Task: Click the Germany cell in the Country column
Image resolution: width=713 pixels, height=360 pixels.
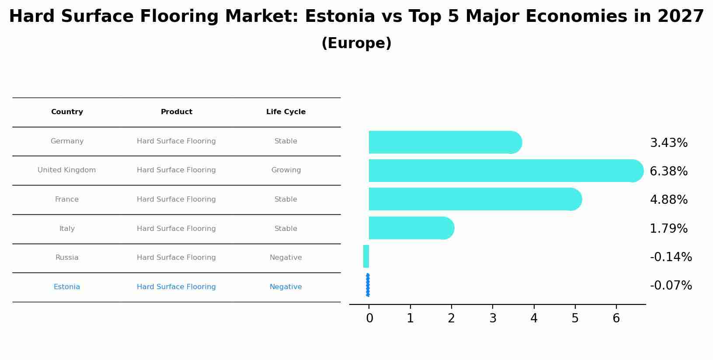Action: pyautogui.click(x=67, y=141)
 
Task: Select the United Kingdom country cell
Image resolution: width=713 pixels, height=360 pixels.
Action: pyautogui.click(x=66, y=170)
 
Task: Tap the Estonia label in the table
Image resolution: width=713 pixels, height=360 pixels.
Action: pyautogui.click(x=67, y=287)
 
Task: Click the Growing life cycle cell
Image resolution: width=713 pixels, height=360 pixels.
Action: pyautogui.click(x=286, y=170)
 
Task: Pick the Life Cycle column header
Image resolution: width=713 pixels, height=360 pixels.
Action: pyautogui.click(x=286, y=112)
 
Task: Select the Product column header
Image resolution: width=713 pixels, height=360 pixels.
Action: pyautogui.click(x=177, y=112)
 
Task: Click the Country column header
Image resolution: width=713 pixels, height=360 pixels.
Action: pyautogui.click(x=67, y=112)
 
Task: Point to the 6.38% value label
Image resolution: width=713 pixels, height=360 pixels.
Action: pyautogui.click(x=668, y=171)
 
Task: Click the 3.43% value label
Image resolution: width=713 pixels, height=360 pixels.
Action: pyautogui.click(x=668, y=143)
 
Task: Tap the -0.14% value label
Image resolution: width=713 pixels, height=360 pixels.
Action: pyautogui.click(x=671, y=257)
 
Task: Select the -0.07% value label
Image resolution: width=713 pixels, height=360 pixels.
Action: pyautogui.click(x=671, y=286)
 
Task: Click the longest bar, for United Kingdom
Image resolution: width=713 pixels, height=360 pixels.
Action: pyautogui.click(x=503, y=171)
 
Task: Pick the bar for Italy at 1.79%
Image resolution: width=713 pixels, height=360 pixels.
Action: pyautogui.click(x=409, y=228)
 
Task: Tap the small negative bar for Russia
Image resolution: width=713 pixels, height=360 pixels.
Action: pyautogui.click(x=366, y=256)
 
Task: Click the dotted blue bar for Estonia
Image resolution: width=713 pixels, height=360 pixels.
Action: pyautogui.click(x=368, y=285)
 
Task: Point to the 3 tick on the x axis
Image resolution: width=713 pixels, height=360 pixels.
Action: pyautogui.click(x=493, y=318)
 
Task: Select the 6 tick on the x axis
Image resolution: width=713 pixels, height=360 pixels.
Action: pyautogui.click(x=616, y=318)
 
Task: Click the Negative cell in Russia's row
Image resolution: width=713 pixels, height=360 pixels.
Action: pyautogui.click(x=286, y=258)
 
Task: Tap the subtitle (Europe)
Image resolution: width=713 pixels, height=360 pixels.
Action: pyautogui.click(x=356, y=43)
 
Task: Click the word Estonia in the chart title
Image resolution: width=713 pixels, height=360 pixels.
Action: pyautogui.click(x=340, y=17)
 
